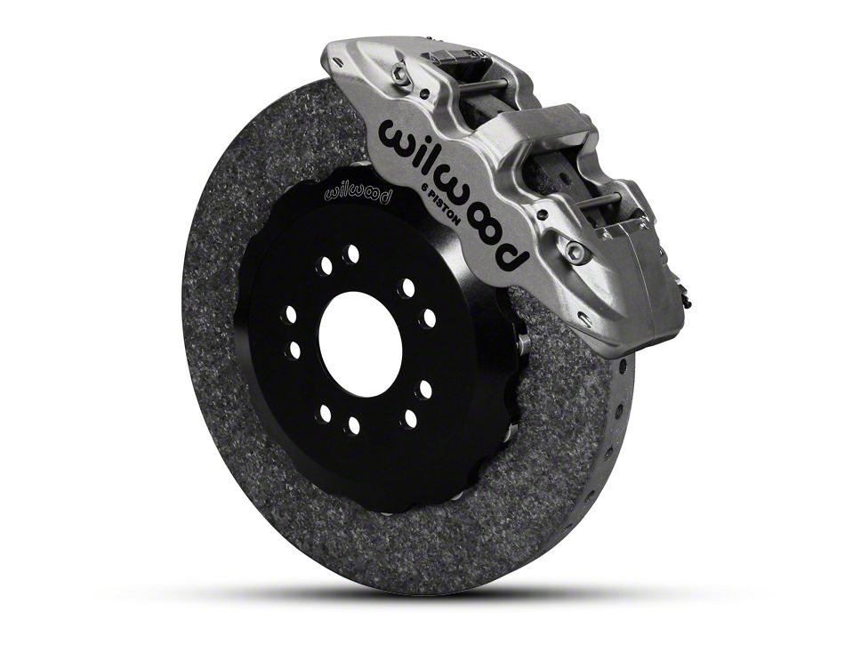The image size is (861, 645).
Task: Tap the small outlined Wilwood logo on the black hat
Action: tap(358, 193)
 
